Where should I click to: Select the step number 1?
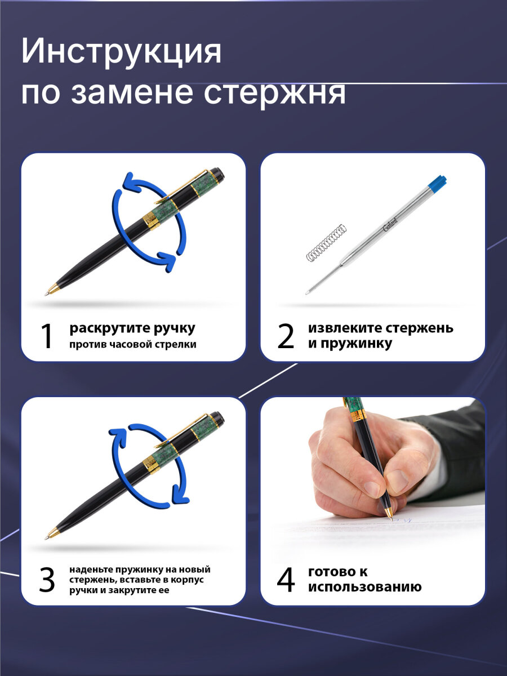[47, 336]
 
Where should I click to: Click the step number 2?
[286, 336]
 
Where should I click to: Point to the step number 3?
[47, 580]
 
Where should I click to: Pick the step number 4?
[286, 580]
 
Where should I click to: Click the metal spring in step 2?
[326, 243]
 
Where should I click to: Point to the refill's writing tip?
[308, 292]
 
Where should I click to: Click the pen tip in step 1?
[47, 293]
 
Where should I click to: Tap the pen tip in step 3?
[47, 537]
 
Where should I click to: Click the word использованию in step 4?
[364, 588]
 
